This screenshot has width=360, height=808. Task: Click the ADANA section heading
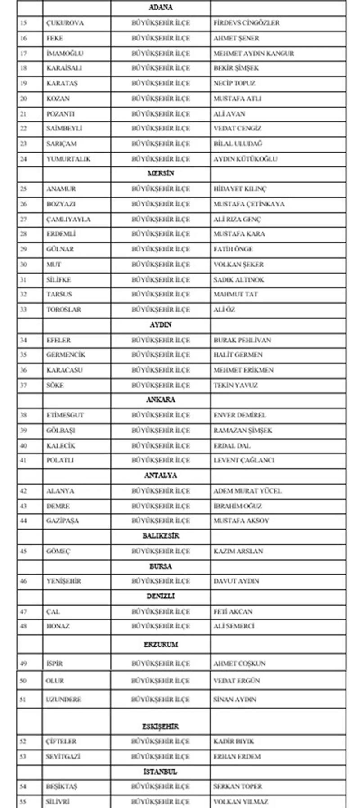[161, 8]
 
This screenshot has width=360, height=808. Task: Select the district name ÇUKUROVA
[65, 23]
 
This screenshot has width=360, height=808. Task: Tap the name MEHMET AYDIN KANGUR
[253, 53]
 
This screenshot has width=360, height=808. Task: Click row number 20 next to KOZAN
[23, 99]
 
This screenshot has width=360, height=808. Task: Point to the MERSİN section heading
[161, 173]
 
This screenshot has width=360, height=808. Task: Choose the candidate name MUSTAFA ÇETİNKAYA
[249, 204]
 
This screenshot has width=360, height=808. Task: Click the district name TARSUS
[59, 294]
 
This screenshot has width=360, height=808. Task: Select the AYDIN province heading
[161, 324]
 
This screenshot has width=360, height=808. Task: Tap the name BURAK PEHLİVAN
[242, 340]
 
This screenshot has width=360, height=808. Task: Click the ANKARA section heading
[161, 400]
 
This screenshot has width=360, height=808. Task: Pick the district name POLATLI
[60, 460]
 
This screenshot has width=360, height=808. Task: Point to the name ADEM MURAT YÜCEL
[247, 491]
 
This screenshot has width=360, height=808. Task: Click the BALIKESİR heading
[161, 536]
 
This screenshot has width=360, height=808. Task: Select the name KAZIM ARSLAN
[238, 551]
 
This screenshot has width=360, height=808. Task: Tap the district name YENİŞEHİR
[63, 581]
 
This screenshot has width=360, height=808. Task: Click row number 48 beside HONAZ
[23, 626]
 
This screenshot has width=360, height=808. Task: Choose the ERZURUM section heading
[161, 644]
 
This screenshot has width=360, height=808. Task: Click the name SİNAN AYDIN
[234, 700]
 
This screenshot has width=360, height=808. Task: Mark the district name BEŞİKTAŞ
[62, 786]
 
